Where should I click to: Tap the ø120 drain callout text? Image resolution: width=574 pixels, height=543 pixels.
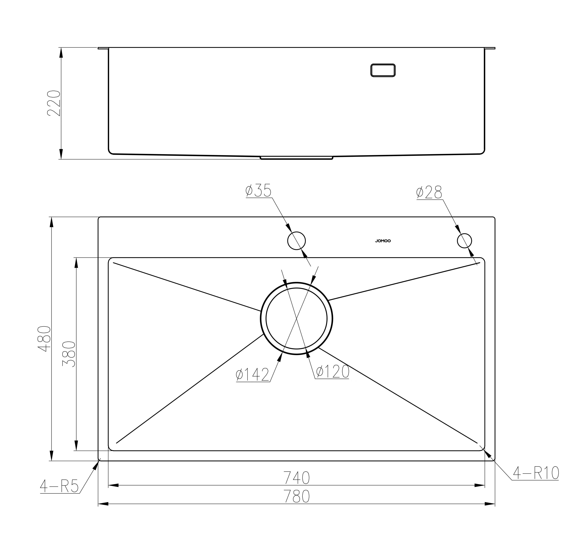pos(332,372)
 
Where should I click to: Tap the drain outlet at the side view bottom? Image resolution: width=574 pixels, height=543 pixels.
pos(296,158)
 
